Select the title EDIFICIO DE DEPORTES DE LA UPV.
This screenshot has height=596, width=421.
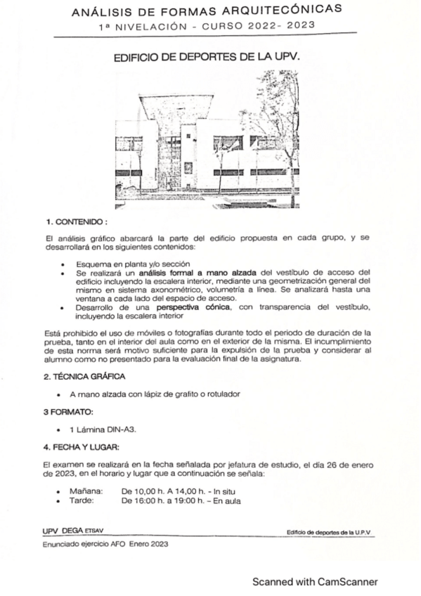(207, 60)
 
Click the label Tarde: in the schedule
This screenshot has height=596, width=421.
(82, 500)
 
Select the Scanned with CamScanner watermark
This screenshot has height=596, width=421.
(316, 582)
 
